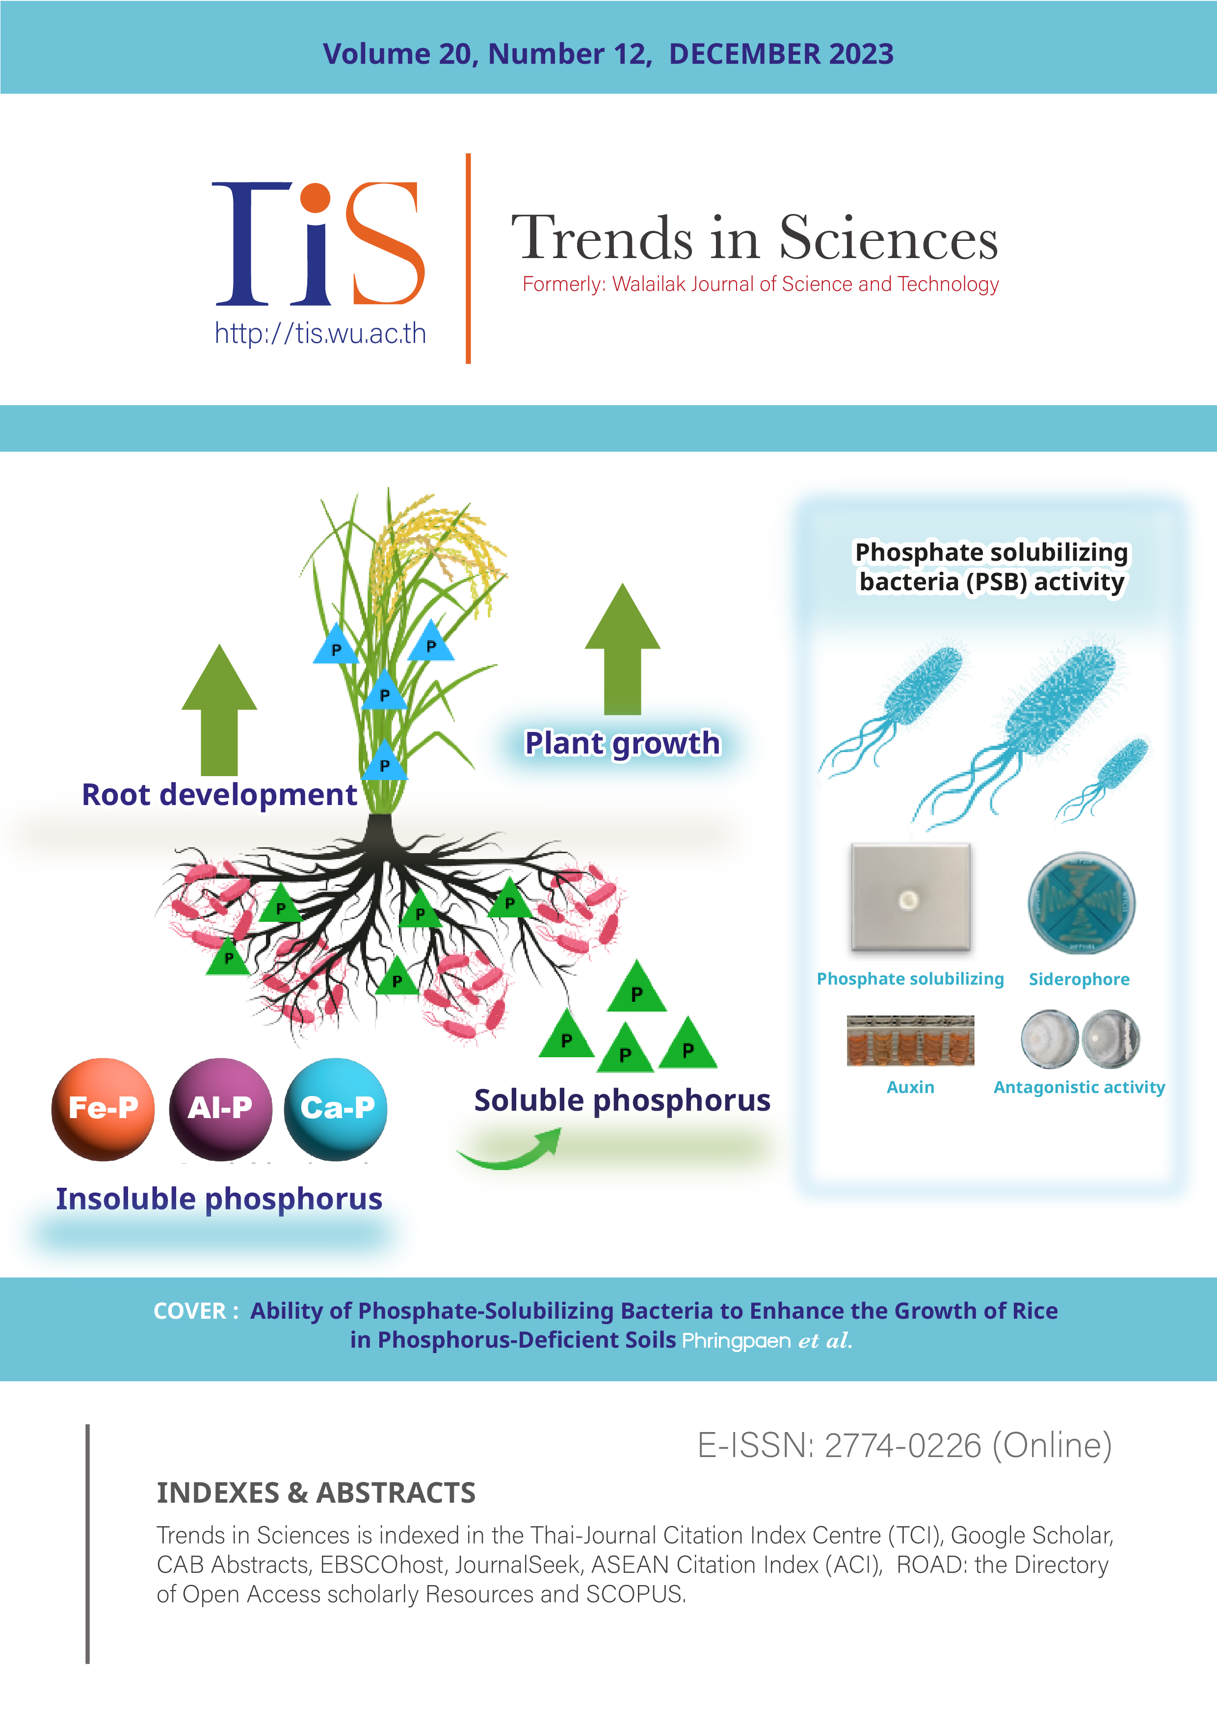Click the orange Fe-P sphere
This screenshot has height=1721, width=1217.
[x=103, y=1109]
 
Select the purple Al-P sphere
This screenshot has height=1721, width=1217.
[x=220, y=1109]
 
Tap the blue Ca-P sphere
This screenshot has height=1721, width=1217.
[x=336, y=1109]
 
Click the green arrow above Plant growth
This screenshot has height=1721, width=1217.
[x=622, y=649]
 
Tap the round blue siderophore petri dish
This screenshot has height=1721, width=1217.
[x=1081, y=903]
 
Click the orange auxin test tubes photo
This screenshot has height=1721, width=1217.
[x=910, y=1041]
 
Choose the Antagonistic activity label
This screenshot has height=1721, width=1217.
[x=1079, y=1088]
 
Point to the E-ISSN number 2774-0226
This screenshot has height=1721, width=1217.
[x=903, y=1445]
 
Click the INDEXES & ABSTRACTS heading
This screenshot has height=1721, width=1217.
[x=316, y=1493]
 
